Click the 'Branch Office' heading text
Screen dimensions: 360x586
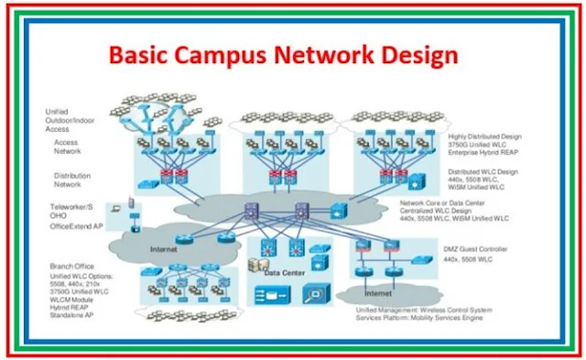(x=74, y=266)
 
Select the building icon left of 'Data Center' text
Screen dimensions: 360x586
(x=258, y=265)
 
